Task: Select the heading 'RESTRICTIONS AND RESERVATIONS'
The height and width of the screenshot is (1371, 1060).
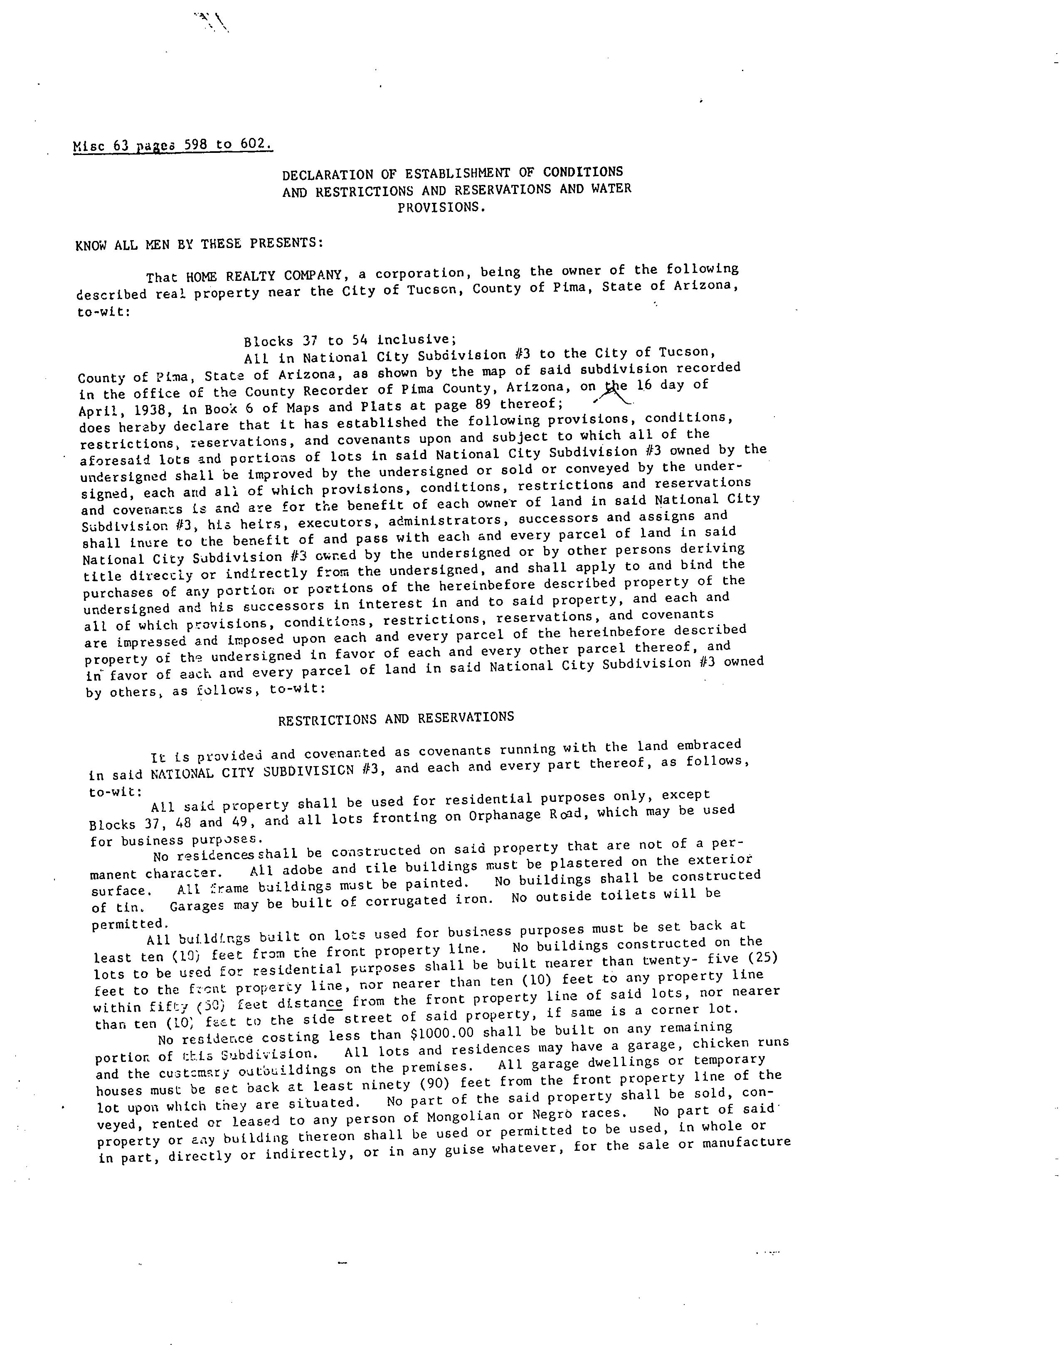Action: (x=396, y=718)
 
